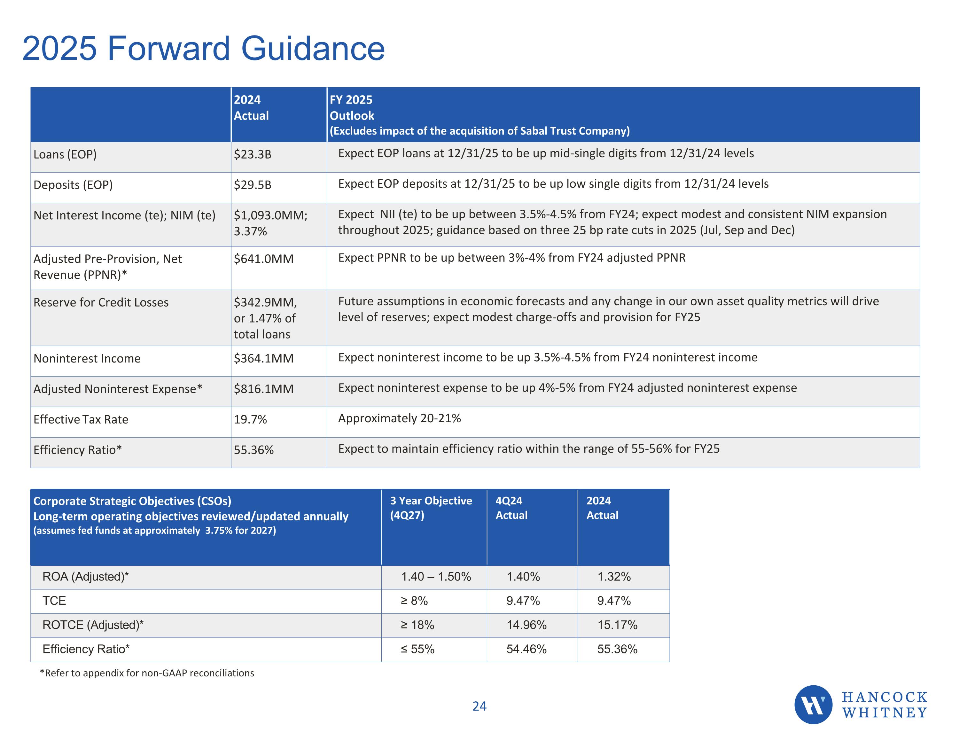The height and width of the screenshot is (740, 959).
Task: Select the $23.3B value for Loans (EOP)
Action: coord(253,155)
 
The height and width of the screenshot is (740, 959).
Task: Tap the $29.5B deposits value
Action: coord(253,185)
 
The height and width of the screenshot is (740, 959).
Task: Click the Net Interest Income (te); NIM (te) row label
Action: coord(124,215)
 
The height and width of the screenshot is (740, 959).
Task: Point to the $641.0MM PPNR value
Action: coord(263,259)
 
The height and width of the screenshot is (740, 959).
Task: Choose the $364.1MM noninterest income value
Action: coord(263,358)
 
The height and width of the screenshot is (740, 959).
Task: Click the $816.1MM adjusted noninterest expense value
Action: coord(263,389)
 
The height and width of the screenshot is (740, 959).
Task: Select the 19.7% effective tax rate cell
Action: coord(250,419)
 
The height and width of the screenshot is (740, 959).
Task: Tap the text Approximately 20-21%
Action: coord(399,418)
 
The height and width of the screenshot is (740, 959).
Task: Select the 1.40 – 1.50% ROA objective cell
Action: coord(436,577)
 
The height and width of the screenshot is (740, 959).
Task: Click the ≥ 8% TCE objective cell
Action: coord(414,601)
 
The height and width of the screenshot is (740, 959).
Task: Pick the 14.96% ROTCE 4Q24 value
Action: coord(526,625)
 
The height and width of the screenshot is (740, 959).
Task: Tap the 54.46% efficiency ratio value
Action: coord(526,649)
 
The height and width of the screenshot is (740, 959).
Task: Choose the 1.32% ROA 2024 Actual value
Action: coord(614,577)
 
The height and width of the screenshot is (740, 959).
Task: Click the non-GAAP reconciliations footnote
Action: coord(147,673)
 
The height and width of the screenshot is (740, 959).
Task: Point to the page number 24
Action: coord(479,706)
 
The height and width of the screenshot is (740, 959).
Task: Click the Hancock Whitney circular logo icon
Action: coord(813,705)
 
